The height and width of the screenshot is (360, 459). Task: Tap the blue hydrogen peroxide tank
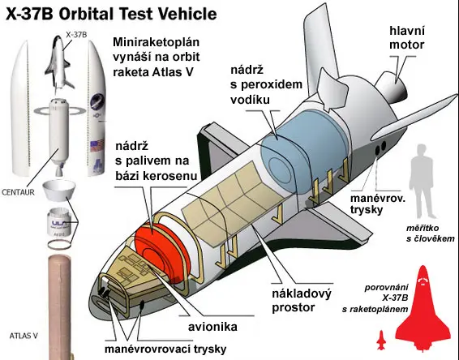pyautogui.click(x=303, y=152)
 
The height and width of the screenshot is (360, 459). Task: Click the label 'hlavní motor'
pyautogui.click(x=407, y=38)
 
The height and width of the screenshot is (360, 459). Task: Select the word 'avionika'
pyautogui.click(x=212, y=327)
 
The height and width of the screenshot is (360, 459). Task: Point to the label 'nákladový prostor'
pyautogui.click(x=302, y=300)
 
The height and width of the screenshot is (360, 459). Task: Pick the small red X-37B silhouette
pyautogui.click(x=381, y=340)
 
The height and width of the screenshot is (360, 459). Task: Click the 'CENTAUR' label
pyautogui.click(x=18, y=192)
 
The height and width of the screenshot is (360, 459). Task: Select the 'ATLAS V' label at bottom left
pyautogui.click(x=24, y=336)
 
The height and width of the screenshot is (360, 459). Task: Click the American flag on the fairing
pyautogui.click(x=97, y=146)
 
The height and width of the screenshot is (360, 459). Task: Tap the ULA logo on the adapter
pyautogui.click(x=60, y=223)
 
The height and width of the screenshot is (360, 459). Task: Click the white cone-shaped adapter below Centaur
pyautogui.click(x=58, y=191)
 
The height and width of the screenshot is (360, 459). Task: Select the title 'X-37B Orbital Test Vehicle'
pyautogui.click(x=111, y=14)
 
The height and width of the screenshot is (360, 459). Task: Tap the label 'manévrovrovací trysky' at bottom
pyautogui.click(x=165, y=349)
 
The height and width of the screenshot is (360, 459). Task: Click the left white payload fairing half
pyautogui.click(x=20, y=109)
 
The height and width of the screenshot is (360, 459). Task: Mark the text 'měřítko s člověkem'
pyautogui.click(x=431, y=234)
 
